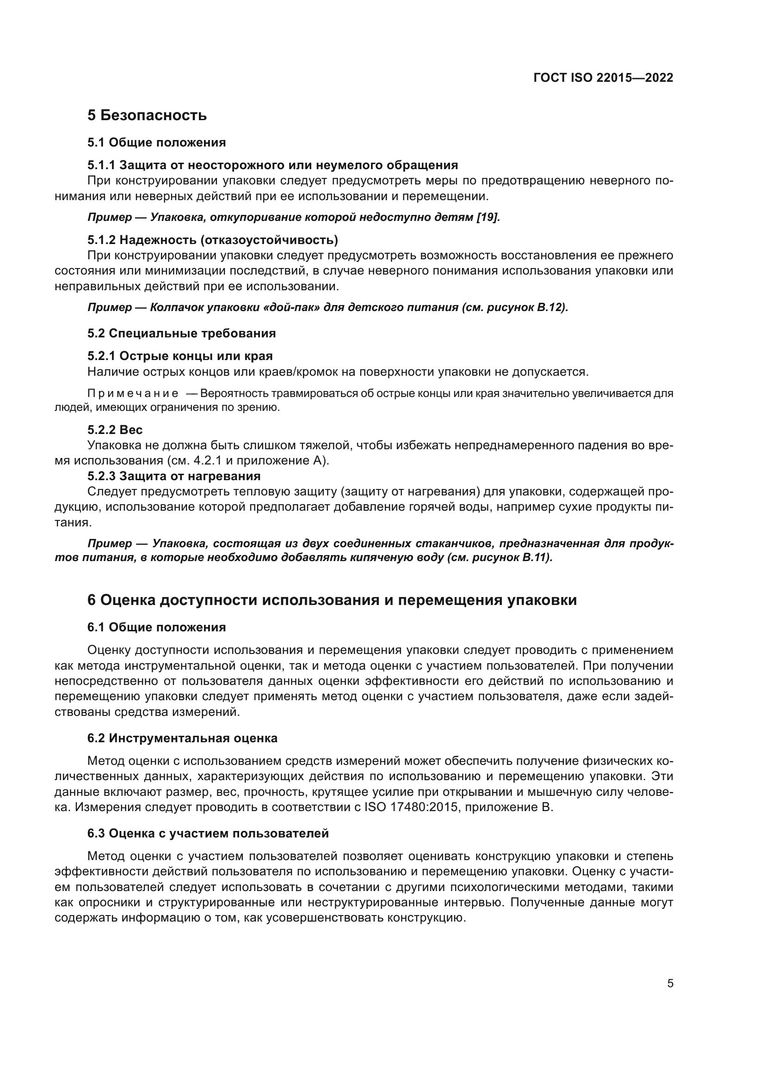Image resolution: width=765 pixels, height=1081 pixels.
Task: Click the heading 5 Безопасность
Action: coord(147,115)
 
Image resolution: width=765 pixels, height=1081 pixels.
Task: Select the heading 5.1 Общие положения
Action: coord(156,142)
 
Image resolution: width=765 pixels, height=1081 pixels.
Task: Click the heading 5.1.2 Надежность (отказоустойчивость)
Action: coord(212,240)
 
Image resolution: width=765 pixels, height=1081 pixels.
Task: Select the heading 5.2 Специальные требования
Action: coord(181,333)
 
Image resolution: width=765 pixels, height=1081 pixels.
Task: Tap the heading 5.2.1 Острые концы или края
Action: coord(180,356)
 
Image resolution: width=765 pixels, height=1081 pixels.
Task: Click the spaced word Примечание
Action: coord(133,393)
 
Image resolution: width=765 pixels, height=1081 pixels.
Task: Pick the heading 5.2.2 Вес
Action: coord(115,430)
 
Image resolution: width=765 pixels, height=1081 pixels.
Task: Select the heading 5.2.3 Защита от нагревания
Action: coord(174,476)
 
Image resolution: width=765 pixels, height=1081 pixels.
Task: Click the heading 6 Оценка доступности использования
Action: coord(332,600)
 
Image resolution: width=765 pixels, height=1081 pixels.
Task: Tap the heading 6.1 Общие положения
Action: coord(156,627)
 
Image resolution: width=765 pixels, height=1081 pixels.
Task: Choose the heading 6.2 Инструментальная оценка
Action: coord(182,738)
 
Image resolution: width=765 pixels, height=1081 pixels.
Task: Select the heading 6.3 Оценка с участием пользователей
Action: coord(208,833)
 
